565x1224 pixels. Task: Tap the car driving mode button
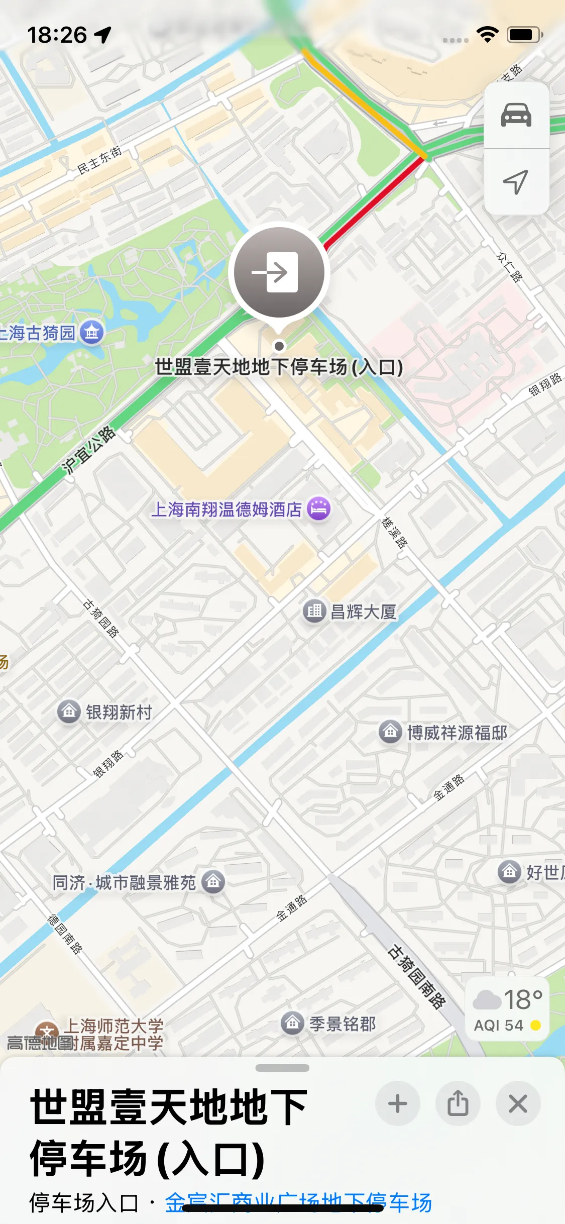pos(516,115)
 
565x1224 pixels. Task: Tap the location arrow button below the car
pos(516,181)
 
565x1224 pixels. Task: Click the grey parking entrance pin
pos(279,272)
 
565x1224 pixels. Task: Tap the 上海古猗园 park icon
pos(92,332)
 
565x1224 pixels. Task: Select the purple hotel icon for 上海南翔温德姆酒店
pos(319,508)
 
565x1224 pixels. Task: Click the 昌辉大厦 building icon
pos(314,611)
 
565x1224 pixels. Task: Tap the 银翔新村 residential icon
pos(69,711)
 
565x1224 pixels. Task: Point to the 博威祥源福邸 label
pos(457,733)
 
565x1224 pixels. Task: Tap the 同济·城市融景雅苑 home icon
pos(213,882)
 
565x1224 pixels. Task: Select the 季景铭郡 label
pos(342,1024)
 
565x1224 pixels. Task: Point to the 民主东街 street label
pos(99,160)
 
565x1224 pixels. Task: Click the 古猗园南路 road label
pos(416,976)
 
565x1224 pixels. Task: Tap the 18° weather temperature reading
pos(522,999)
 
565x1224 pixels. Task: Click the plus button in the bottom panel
pos(397,1104)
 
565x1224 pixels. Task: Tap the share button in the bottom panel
pos(458,1104)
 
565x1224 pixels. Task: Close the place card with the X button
pos(518,1104)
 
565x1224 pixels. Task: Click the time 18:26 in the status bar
pos(57,35)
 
